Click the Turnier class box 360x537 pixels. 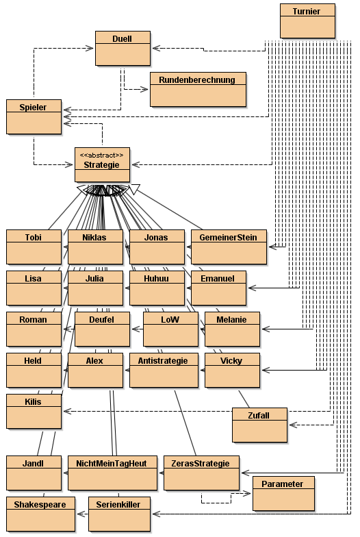click(307, 21)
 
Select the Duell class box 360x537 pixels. click(123, 48)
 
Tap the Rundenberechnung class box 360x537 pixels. click(198, 89)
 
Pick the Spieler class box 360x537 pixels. click(34, 116)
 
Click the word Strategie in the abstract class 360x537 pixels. click(101, 164)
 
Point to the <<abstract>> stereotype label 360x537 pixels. click(101, 155)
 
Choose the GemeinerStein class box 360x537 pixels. click(229, 247)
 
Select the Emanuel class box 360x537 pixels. click(218, 288)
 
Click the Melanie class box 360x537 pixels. click(232, 329)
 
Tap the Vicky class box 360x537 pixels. click(232, 370)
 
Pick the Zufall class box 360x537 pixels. click(259, 425)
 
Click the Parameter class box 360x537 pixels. click(283, 493)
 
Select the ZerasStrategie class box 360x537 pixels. click(201, 473)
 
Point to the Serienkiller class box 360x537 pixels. click(119, 514)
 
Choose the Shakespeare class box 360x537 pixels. click(40, 514)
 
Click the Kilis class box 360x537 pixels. click(34, 411)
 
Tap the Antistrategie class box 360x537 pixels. click(164, 370)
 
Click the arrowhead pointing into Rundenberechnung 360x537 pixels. click(144, 89)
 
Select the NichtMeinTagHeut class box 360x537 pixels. click(112, 473)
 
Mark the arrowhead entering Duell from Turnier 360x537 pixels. click(156, 48)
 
